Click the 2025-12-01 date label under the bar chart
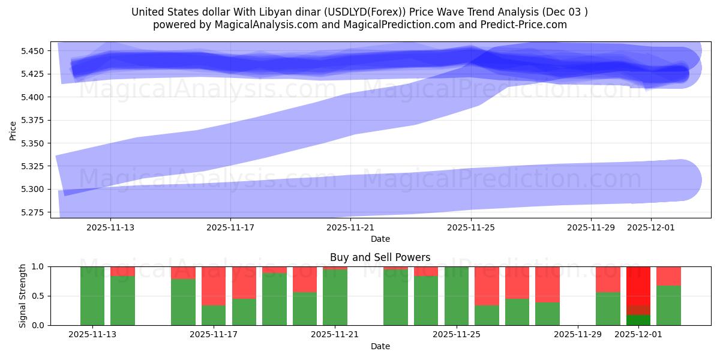638,334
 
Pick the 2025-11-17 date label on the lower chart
214,334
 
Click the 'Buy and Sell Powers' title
380,257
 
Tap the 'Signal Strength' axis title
22,296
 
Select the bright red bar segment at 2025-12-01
638,285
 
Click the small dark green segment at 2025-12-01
638,320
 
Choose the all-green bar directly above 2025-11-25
456,296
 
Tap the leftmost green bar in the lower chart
92,296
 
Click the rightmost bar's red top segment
668,275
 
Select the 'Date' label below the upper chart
380,239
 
